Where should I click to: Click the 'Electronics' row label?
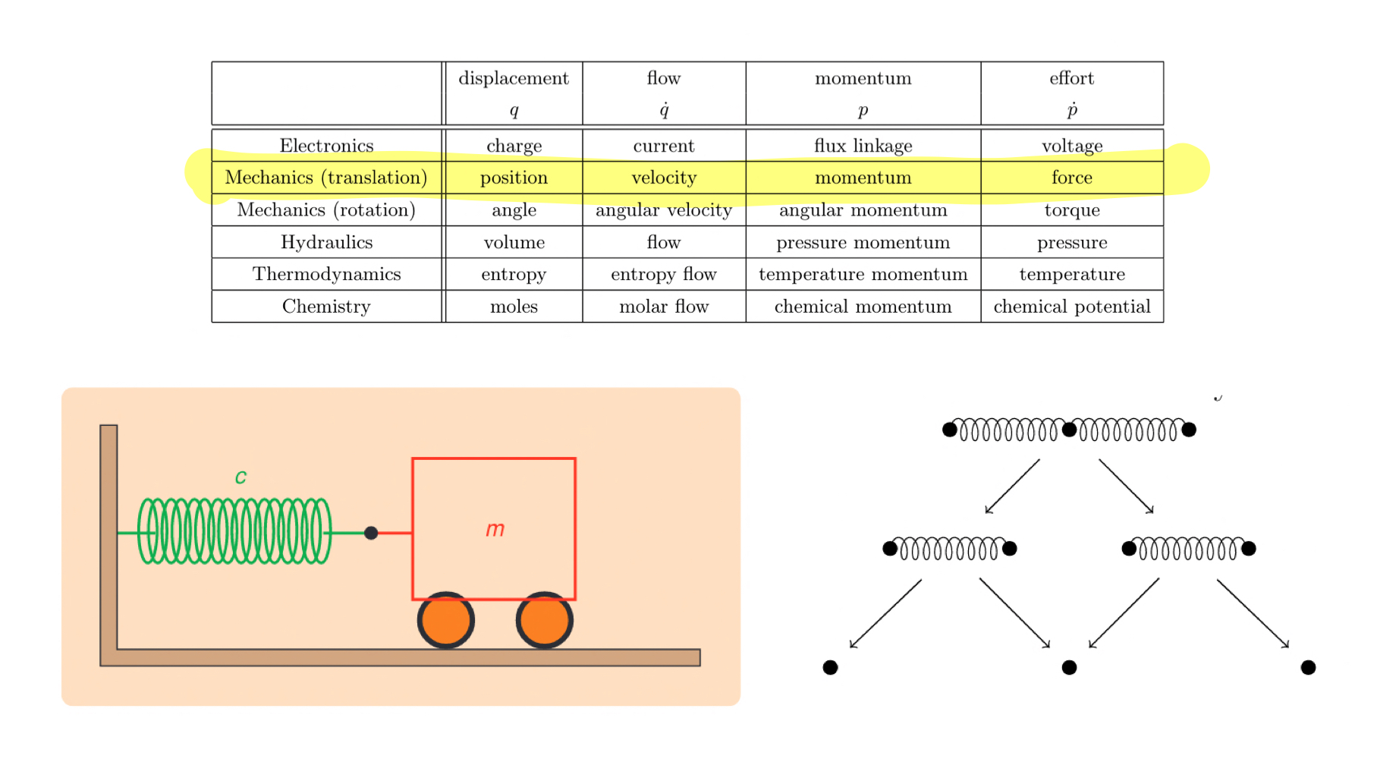[x=326, y=146]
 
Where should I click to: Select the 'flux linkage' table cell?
[x=863, y=146]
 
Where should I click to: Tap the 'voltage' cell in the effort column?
[x=1071, y=146]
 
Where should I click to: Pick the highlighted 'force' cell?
[x=1071, y=178]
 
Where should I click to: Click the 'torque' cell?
[x=1071, y=210]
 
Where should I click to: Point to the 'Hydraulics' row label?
[x=326, y=242]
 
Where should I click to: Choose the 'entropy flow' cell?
[x=663, y=274]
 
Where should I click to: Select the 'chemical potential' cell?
[x=1071, y=307]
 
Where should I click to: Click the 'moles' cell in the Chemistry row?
[x=514, y=307]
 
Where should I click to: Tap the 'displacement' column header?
[x=513, y=78]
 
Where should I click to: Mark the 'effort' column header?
[x=1071, y=78]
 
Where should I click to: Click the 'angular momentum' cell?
[x=863, y=210]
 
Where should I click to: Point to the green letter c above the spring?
[x=241, y=477]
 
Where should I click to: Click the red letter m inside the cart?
[x=495, y=529]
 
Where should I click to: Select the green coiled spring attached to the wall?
[x=234, y=531]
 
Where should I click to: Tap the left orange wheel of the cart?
[x=446, y=620]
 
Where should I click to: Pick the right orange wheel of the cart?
[x=544, y=620]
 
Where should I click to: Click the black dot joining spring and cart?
[x=371, y=533]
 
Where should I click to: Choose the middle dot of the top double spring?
[x=1069, y=430]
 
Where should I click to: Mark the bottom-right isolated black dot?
[x=1308, y=667]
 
